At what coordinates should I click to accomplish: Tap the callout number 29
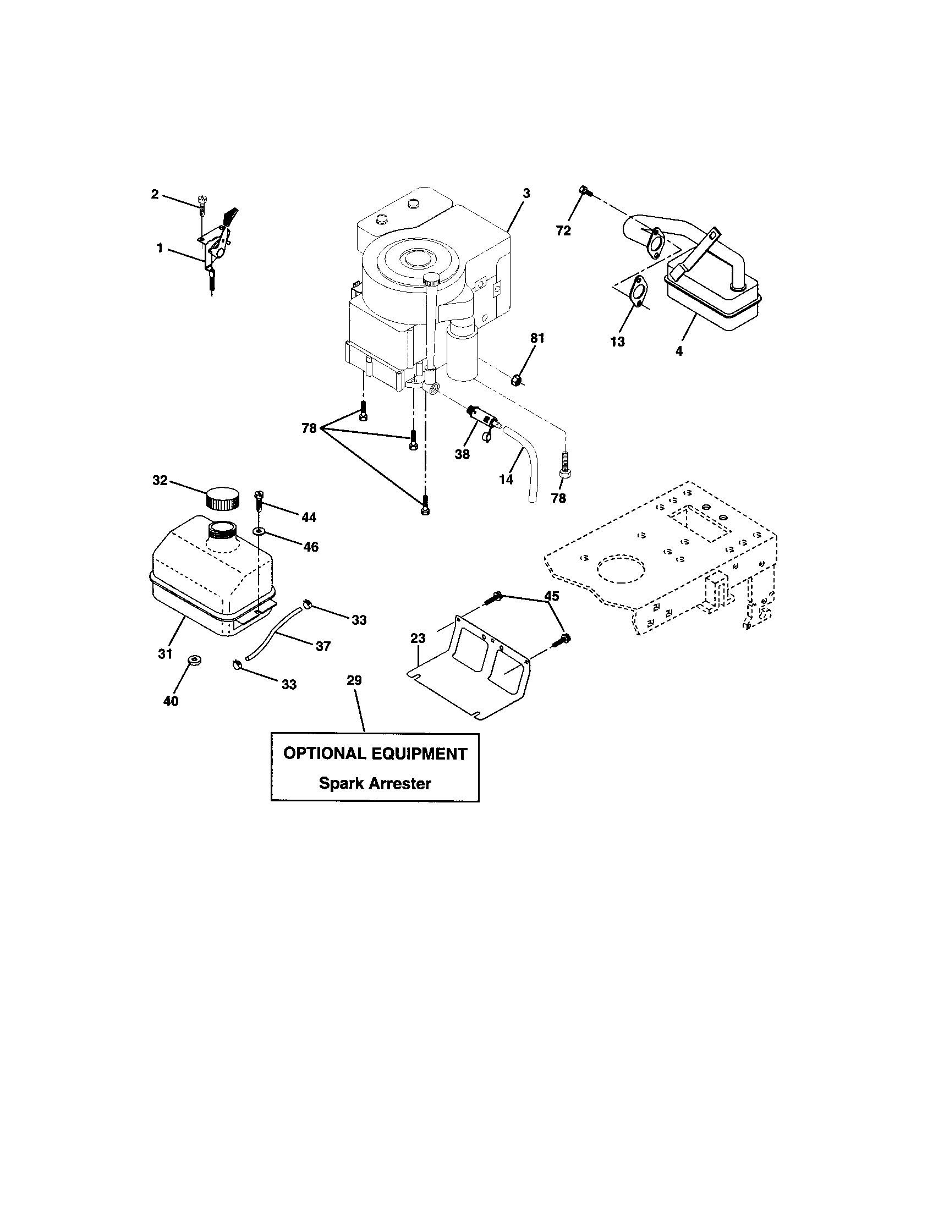tap(354, 680)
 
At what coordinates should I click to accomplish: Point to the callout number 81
tap(537, 338)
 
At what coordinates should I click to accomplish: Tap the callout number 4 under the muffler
tap(679, 351)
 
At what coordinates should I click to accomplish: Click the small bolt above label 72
tap(585, 191)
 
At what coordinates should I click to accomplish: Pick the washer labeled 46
tap(259, 532)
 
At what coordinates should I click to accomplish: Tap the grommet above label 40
tap(194, 660)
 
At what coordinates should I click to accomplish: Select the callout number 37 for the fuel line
tap(323, 646)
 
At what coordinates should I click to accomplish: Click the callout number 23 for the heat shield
tap(418, 638)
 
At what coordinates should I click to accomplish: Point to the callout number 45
tap(552, 596)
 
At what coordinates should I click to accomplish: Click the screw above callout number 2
tap(202, 201)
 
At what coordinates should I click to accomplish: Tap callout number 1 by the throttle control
tap(160, 249)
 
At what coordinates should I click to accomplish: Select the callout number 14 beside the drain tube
tap(506, 479)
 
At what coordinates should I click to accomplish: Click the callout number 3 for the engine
tap(526, 194)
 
